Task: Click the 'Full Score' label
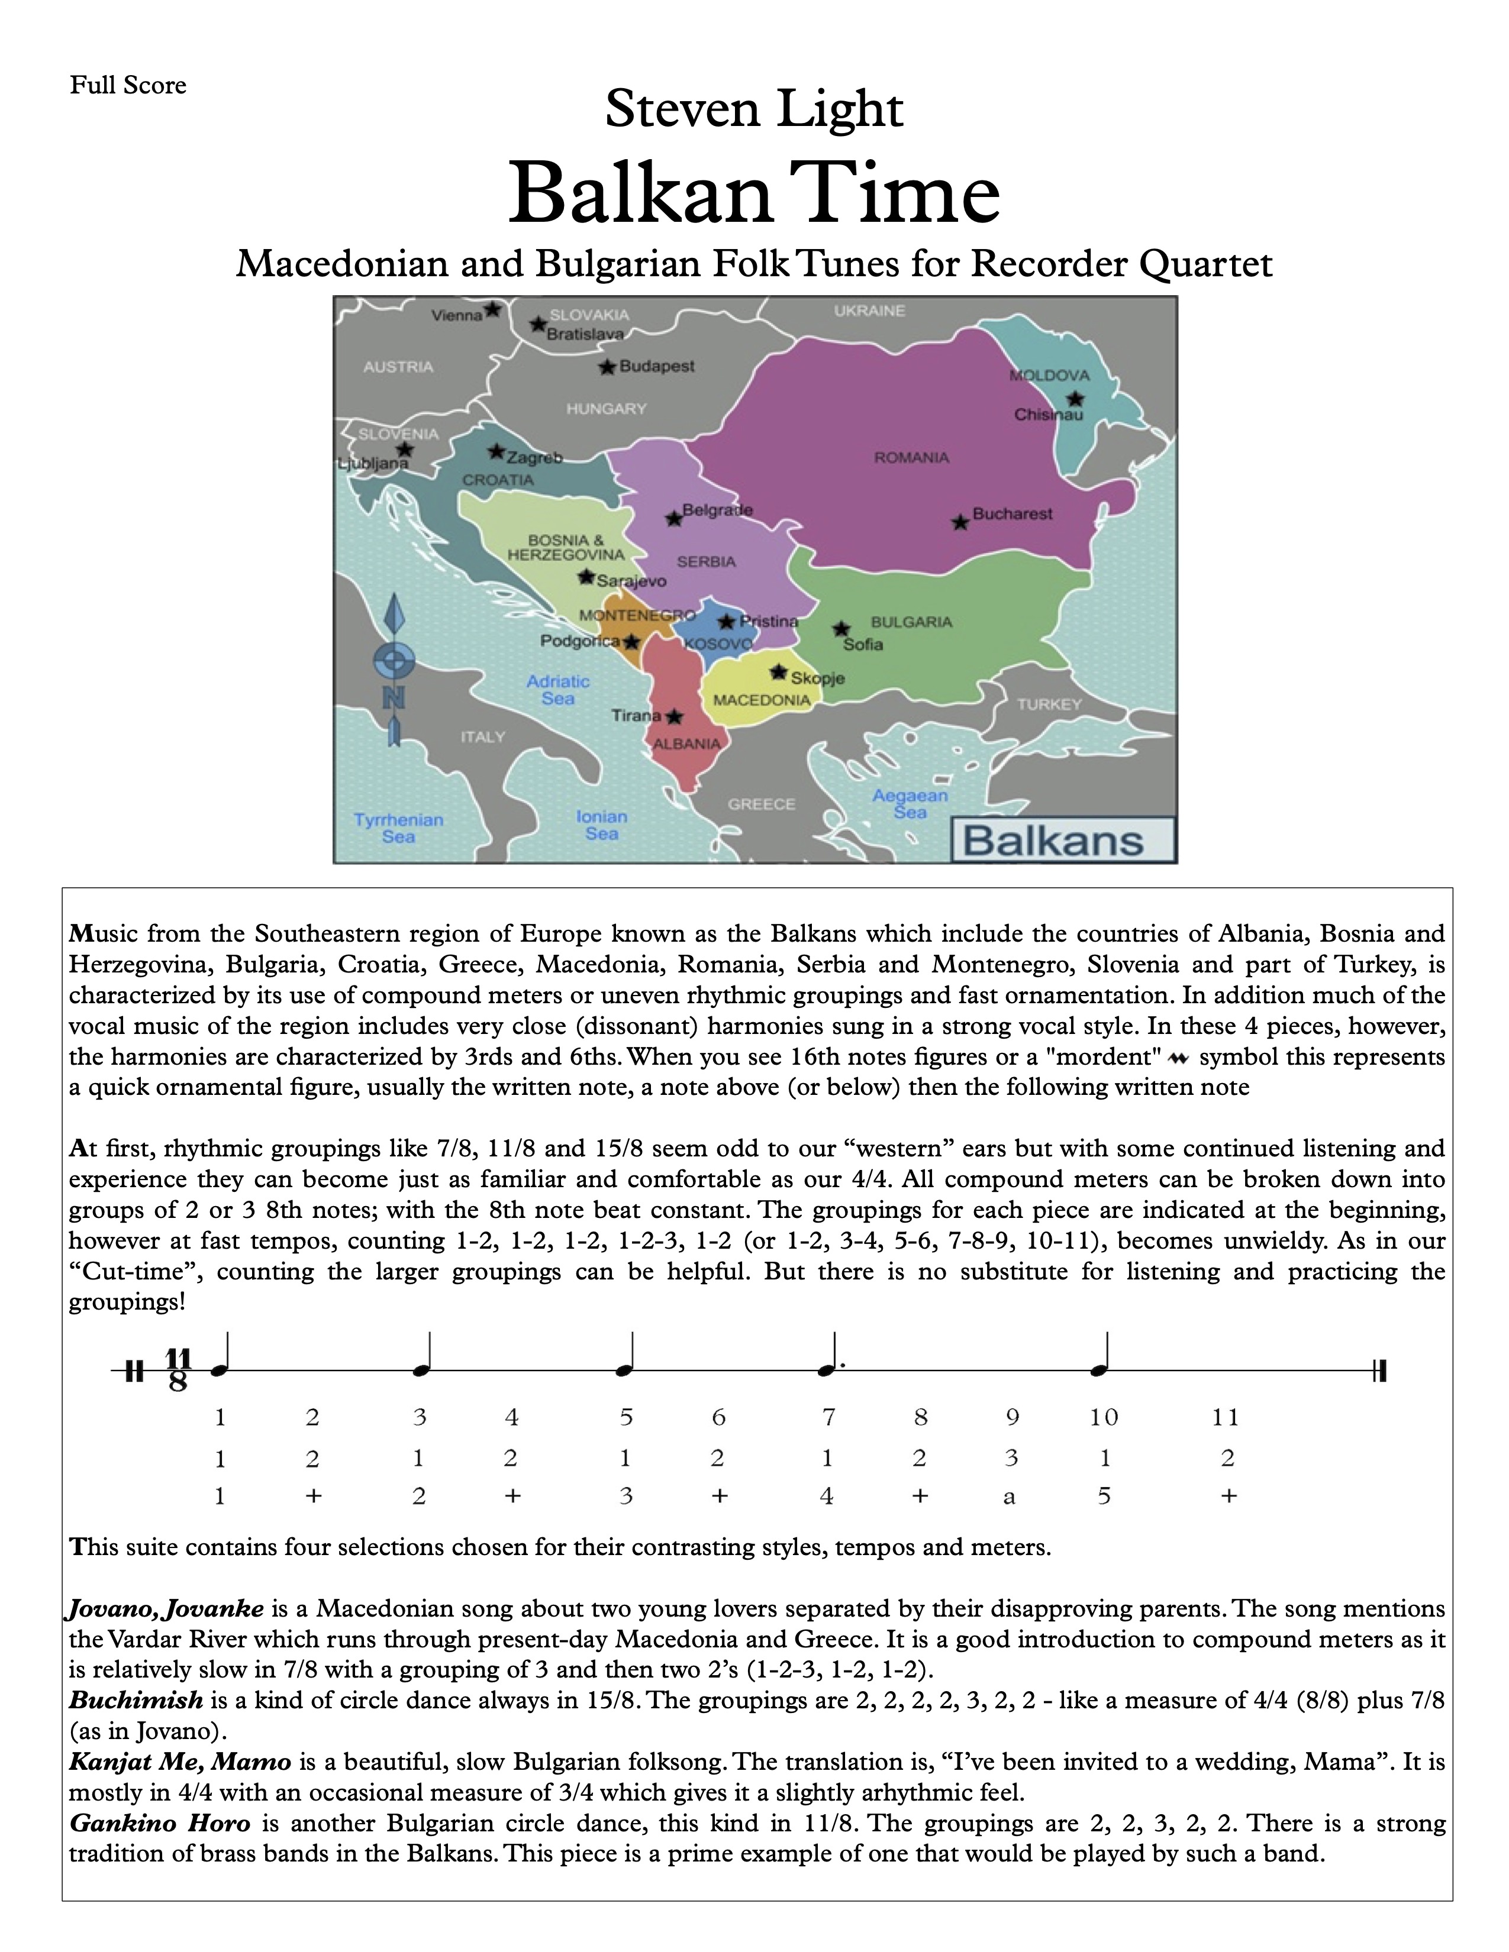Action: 128,86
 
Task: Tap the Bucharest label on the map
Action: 1012,514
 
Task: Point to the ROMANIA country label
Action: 911,458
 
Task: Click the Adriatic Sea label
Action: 558,689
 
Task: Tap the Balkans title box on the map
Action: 1062,840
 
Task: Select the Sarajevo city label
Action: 631,581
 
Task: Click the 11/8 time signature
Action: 179,1370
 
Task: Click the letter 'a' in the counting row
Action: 1010,1497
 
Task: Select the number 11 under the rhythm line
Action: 1225,1417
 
